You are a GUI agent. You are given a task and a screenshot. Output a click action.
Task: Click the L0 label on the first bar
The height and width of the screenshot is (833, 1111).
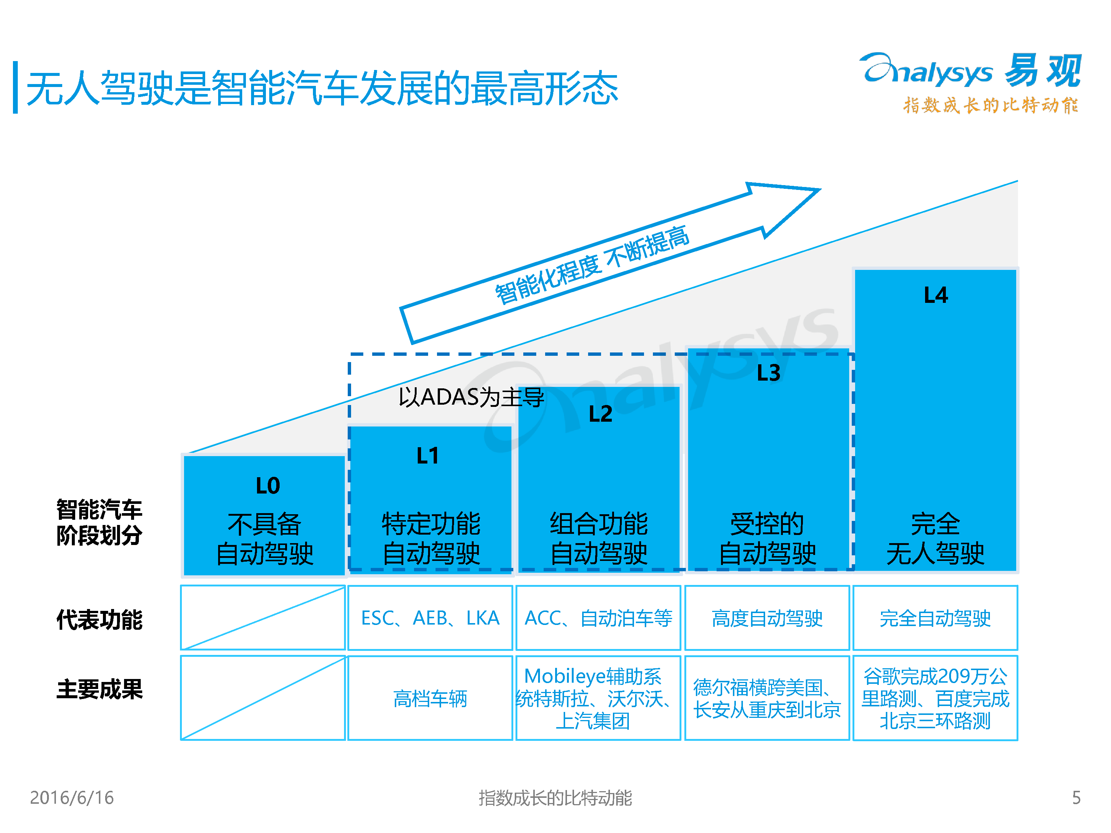click(268, 486)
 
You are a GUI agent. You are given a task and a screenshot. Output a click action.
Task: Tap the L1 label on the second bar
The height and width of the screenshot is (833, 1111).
click(427, 456)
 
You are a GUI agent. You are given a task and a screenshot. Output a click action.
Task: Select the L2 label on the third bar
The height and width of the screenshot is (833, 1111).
click(600, 414)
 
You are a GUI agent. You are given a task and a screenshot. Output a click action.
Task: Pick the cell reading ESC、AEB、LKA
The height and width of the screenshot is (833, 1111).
click(430, 618)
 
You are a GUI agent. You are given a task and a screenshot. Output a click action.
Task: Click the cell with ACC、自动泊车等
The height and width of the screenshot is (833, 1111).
click(598, 618)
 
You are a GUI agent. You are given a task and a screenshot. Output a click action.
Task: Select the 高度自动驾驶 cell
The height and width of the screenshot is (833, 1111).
click(767, 618)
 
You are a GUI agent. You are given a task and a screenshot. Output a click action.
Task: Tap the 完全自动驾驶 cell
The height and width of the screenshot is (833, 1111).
click(935, 618)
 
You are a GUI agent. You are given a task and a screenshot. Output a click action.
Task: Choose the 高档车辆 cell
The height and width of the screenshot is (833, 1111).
click(430, 698)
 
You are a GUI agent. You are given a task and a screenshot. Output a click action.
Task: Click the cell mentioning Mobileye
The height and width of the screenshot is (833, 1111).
click(598, 698)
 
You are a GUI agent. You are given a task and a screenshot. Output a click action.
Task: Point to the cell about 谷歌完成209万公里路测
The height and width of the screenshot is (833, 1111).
click(935, 698)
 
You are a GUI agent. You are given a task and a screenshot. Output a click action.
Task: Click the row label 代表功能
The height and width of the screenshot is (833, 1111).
click(100, 619)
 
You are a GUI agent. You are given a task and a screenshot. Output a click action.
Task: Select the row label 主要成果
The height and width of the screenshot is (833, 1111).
click(100, 689)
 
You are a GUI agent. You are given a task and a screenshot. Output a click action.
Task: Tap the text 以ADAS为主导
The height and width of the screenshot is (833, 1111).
click(471, 397)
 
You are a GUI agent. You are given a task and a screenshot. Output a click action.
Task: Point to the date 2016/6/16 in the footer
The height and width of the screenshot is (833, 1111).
click(72, 797)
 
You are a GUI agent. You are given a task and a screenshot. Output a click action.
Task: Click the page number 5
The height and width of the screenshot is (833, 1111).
click(1076, 797)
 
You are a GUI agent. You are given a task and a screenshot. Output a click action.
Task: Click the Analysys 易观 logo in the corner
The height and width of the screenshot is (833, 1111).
click(970, 83)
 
